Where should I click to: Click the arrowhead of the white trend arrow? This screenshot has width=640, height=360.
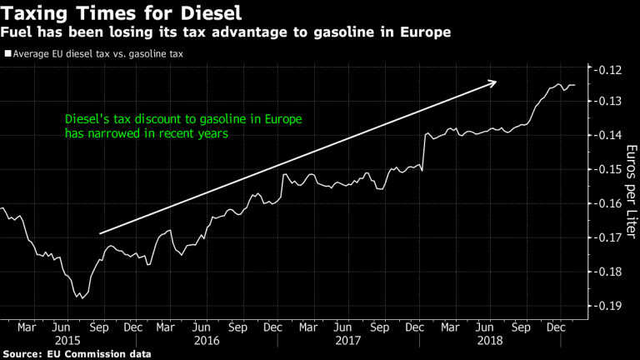(494, 82)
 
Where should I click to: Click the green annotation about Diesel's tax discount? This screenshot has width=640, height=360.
(183, 126)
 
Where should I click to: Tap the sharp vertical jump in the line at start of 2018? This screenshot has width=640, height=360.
(423, 152)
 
